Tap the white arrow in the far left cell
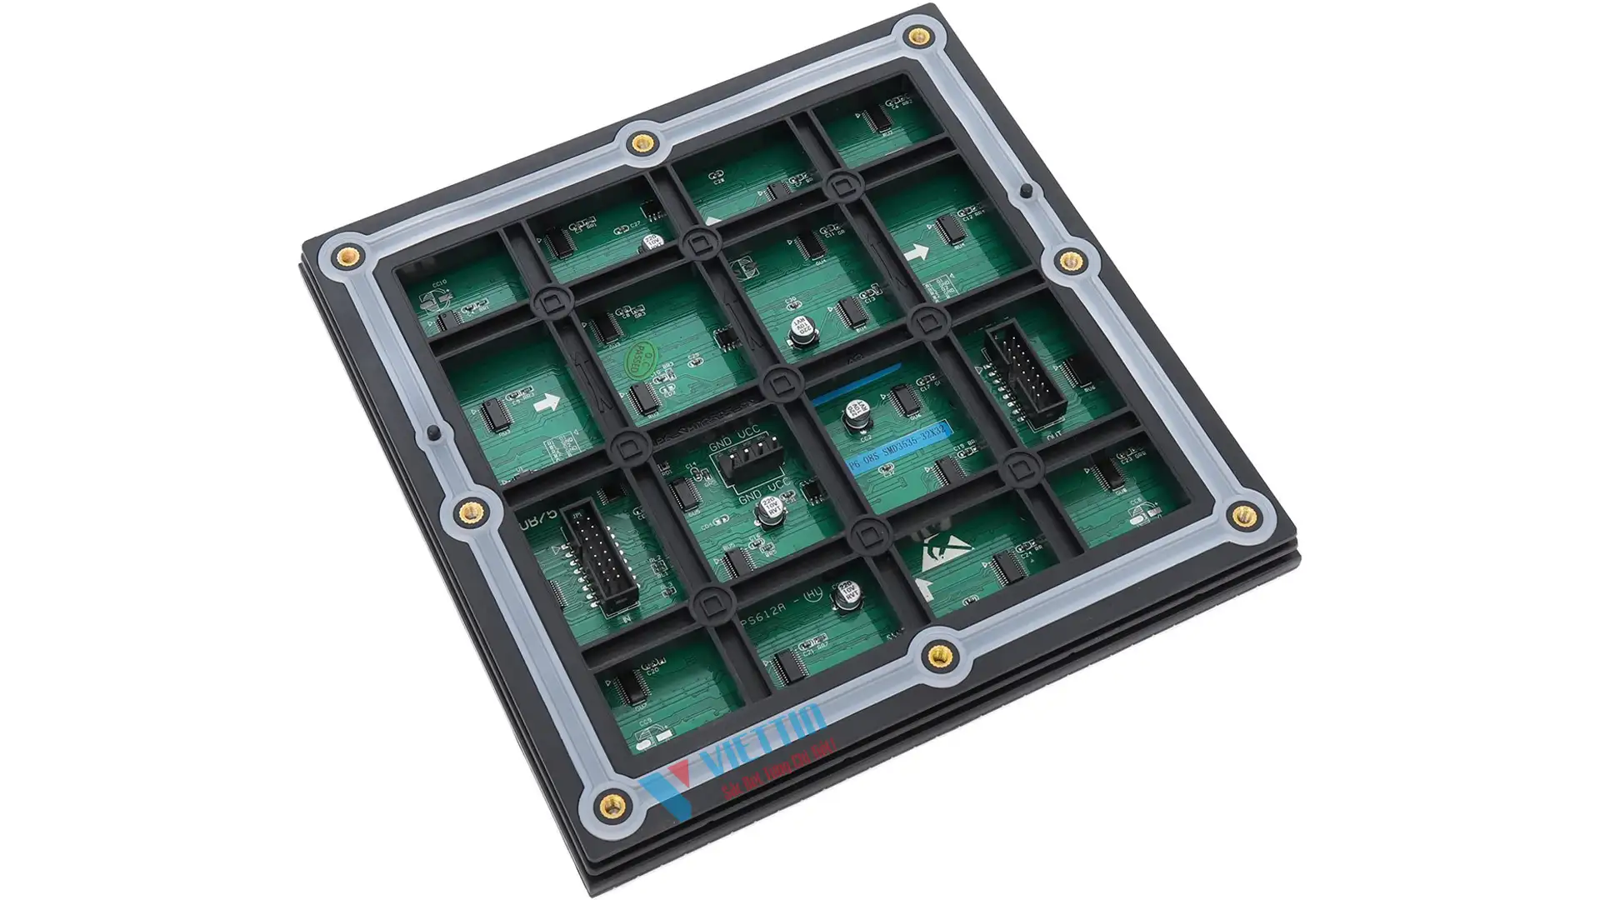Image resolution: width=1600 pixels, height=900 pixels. click(x=547, y=403)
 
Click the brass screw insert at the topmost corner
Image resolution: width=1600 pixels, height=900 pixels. click(x=919, y=36)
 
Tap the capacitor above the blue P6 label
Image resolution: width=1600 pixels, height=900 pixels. click(x=856, y=413)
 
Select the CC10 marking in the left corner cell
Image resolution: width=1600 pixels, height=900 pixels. click(x=439, y=283)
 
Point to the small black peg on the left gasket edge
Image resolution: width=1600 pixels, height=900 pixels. click(x=432, y=433)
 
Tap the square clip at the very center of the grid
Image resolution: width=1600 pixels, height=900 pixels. click(x=778, y=383)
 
